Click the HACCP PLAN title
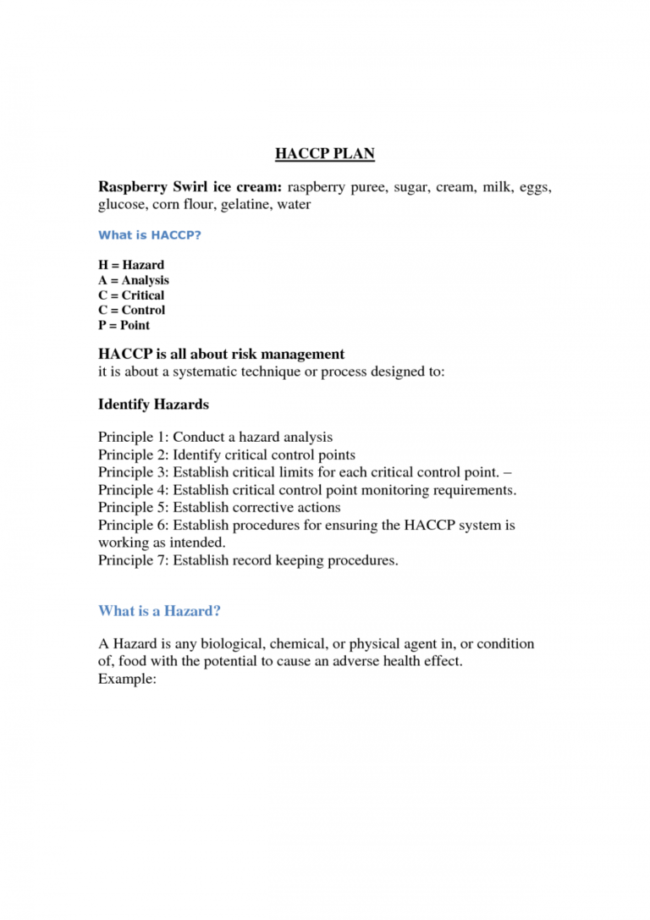(x=325, y=153)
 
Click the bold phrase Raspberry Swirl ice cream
(x=190, y=186)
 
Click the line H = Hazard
(x=131, y=265)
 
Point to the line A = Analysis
(x=134, y=280)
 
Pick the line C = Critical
(x=131, y=295)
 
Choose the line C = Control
(x=131, y=310)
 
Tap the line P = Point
(x=124, y=325)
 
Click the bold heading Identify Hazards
(x=153, y=405)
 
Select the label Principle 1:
(x=134, y=438)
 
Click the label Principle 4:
(x=134, y=490)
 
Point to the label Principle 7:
(x=134, y=560)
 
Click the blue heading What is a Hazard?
(x=159, y=610)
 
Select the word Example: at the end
(x=127, y=679)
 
